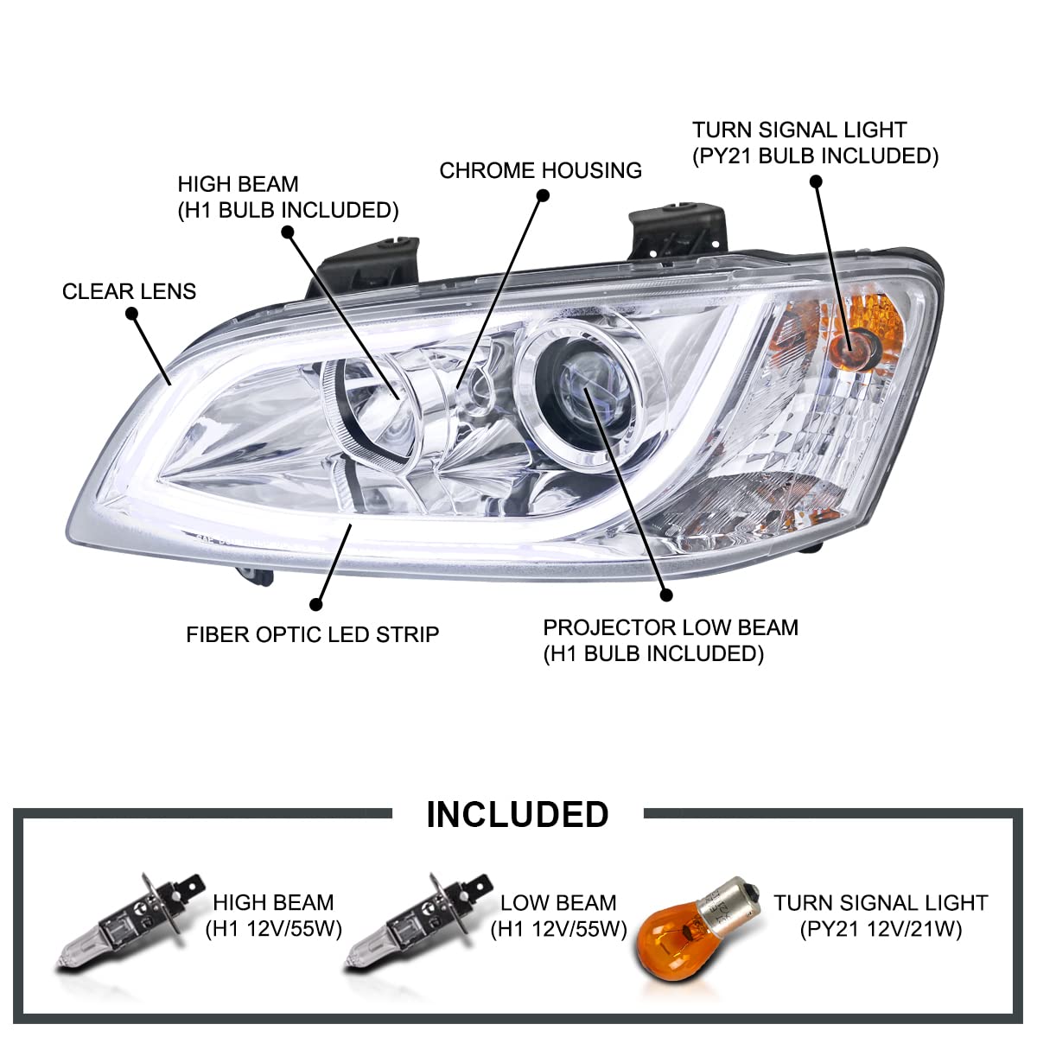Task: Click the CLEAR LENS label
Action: [x=129, y=292]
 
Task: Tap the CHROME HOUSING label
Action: [x=540, y=170]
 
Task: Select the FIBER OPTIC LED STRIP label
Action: [x=312, y=635]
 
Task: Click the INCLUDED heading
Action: [x=517, y=815]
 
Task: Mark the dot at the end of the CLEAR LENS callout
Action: [x=132, y=313]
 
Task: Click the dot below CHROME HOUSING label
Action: [x=543, y=195]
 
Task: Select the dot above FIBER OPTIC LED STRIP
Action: [x=316, y=604]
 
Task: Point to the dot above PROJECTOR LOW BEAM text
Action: [x=666, y=595]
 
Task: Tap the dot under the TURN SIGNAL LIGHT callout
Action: [x=816, y=181]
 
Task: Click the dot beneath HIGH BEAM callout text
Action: [x=288, y=232]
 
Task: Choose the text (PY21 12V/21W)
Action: [x=881, y=929]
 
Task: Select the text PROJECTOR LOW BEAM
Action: [x=671, y=628]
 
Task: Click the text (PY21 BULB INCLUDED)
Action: [x=815, y=156]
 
